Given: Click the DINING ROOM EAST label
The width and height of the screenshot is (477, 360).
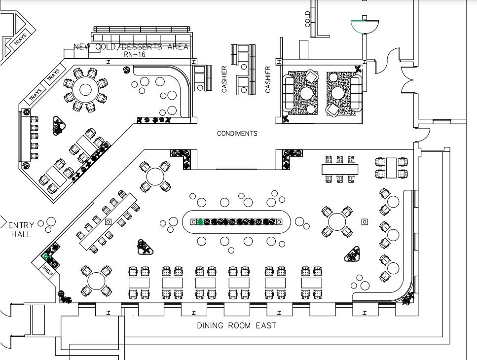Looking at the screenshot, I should pyautogui.click(x=236, y=325).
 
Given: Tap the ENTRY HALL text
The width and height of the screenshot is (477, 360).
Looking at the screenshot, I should pyautogui.click(x=21, y=230).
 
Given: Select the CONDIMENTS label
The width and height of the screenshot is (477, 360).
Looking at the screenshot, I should pyautogui.click(x=237, y=134).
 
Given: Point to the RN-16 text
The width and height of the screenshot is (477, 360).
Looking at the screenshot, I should pyautogui.click(x=134, y=54).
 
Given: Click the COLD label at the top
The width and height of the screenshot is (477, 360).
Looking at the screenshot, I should pyautogui.click(x=308, y=19).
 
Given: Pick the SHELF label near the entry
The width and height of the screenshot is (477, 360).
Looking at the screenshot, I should pyautogui.click(x=48, y=269).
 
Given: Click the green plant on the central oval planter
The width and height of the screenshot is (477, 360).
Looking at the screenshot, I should pyautogui.click(x=200, y=222).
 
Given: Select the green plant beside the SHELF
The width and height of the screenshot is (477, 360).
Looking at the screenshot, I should pyautogui.click(x=46, y=256).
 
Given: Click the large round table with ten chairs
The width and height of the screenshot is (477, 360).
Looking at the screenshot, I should pyautogui.click(x=86, y=90).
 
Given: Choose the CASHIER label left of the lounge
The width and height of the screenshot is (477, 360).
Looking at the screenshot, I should pyautogui.click(x=268, y=79).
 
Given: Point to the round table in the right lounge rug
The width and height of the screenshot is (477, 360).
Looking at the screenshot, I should pyautogui.click(x=338, y=93).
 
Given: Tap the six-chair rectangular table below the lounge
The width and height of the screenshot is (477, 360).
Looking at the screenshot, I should pyautogui.click(x=339, y=169).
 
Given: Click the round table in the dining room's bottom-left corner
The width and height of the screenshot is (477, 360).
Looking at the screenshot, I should pyautogui.click(x=96, y=281).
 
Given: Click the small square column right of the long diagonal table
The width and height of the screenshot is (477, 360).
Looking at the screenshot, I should pyautogui.click(x=109, y=222).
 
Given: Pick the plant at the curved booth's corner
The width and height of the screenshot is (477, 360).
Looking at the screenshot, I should pyautogui.click(x=408, y=298).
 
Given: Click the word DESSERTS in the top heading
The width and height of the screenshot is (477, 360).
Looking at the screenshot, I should pyautogui.click(x=146, y=47).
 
